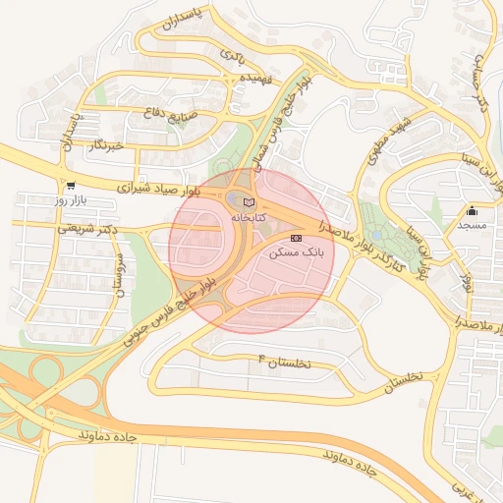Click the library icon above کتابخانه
coord(248,200)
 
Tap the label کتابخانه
coord(249,215)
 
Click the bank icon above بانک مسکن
coord(296,238)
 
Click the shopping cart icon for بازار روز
coord(70,185)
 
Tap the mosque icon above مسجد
coord(472,210)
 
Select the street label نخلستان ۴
coord(283,362)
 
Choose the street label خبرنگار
coord(104,145)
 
